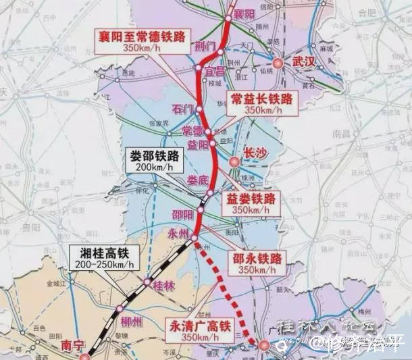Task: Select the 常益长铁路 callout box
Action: (261, 103)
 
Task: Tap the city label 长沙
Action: (255, 153)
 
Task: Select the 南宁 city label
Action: (71, 345)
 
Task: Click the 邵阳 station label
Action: (182, 214)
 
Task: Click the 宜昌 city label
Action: (215, 71)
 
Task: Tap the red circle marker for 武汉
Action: (278, 64)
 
